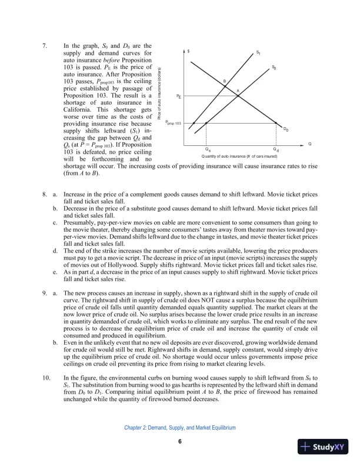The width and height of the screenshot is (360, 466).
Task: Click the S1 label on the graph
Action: click(x=259, y=54)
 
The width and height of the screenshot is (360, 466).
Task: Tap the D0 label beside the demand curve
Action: click(x=286, y=129)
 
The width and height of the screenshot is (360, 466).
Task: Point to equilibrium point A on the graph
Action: click(x=238, y=91)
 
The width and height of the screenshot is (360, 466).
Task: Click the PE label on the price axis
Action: click(x=179, y=95)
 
